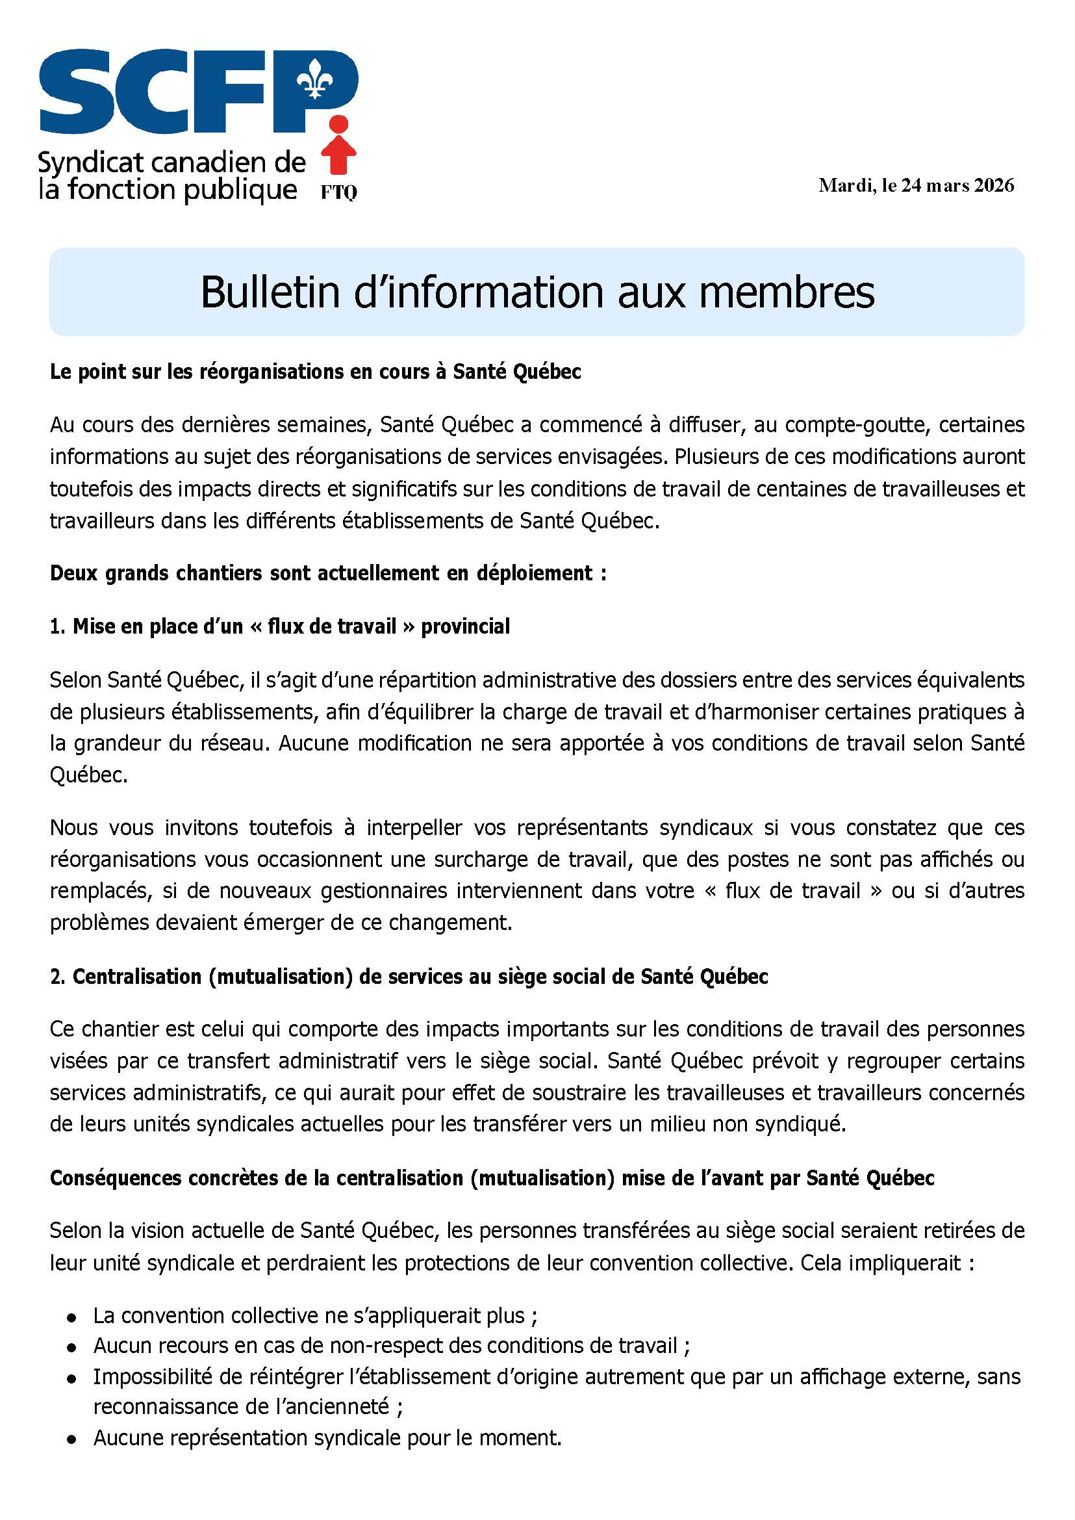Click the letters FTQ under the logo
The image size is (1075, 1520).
click(339, 192)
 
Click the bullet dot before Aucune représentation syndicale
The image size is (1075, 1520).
click(71, 1439)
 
